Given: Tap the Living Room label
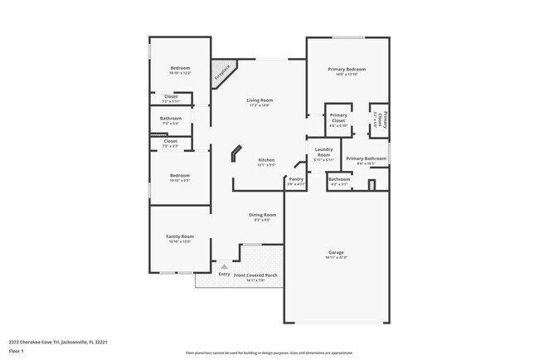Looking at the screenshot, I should click(260, 100).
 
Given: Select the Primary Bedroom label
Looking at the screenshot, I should click(347, 70).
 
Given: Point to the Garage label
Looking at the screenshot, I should click(336, 252).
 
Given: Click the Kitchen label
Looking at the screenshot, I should click(266, 160).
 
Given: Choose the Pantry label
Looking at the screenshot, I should click(296, 178).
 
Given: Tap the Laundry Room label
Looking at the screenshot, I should click(323, 153).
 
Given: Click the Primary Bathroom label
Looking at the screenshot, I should click(366, 158).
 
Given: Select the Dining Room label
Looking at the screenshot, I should click(262, 215).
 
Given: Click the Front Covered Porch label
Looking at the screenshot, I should click(255, 275).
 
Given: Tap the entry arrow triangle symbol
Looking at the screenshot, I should click(223, 266).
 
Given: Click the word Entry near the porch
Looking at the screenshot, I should click(224, 275).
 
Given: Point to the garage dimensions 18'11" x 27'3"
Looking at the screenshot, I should click(336, 258).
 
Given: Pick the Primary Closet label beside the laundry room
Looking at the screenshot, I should click(338, 118).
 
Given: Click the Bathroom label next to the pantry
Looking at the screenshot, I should click(339, 179).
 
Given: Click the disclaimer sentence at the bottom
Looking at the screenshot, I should click(269, 353).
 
